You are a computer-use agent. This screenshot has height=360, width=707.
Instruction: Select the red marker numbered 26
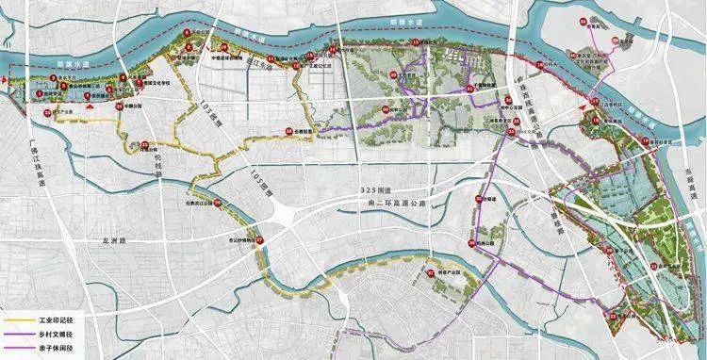215,201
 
